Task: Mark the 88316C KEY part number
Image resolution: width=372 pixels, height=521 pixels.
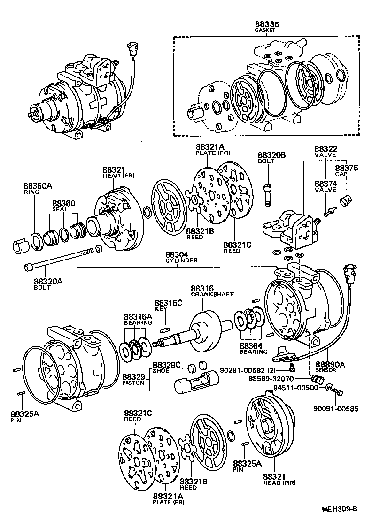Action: (168, 303)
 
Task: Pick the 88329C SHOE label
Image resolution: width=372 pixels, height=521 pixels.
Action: (164, 367)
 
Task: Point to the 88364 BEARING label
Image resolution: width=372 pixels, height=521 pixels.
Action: (254, 348)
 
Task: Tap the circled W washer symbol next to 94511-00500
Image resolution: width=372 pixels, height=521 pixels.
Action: (329, 388)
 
